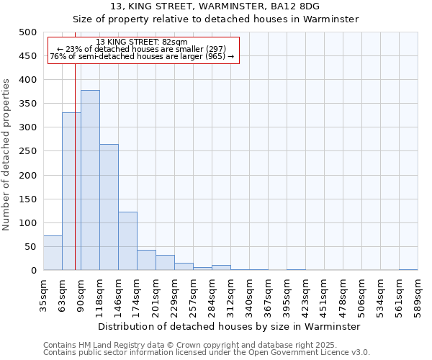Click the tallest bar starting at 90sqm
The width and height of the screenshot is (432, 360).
point(90,180)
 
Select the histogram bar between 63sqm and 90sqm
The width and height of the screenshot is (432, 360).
point(71,192)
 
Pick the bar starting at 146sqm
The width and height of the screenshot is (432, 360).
point(127,241)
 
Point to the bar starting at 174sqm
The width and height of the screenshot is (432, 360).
point(146,260)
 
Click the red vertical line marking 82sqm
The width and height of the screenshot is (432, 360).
point(75,144)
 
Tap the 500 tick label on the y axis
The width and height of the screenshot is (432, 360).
point(28,32)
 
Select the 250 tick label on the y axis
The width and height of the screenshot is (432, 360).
point(28,151)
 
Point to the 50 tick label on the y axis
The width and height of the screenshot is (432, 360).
point(31,247)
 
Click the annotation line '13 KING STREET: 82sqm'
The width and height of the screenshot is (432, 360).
point(142,42)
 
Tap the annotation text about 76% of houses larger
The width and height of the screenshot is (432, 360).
point(142,56)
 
